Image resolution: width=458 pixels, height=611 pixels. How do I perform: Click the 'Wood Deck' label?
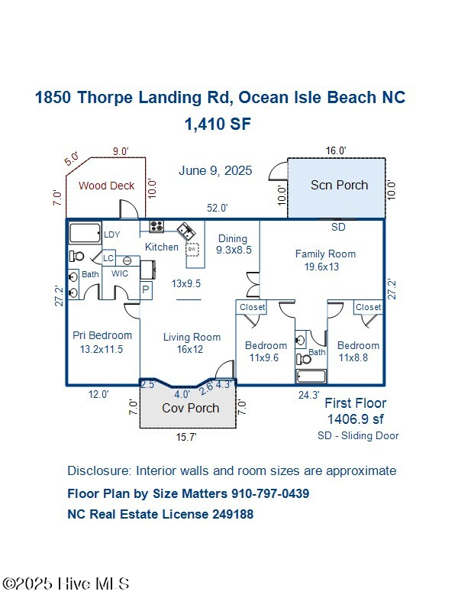pos(106,185)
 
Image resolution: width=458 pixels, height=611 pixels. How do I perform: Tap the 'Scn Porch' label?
pos(339,185)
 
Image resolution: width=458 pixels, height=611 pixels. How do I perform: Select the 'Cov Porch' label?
pos(190,408)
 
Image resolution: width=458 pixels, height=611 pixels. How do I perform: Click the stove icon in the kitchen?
pos(156,226)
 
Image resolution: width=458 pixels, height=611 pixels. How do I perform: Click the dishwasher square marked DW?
pos(193,249)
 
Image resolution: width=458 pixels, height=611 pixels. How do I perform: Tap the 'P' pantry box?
pos(146,289)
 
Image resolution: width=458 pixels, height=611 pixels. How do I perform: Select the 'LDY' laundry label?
pos(112,234)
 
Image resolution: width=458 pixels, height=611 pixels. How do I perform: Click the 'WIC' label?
pos(120,273)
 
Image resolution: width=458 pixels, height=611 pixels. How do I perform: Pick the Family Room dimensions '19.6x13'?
pos(322,267)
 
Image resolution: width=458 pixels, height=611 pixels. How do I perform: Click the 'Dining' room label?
pos(233,238)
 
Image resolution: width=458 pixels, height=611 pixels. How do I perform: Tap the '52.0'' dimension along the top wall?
pos(218,208)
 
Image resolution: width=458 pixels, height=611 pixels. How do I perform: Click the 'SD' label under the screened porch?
pos(338,227)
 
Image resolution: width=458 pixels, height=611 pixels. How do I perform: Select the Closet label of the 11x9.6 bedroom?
pos(253,307)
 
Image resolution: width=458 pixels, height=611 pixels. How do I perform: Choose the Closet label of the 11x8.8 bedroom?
pos(368,307)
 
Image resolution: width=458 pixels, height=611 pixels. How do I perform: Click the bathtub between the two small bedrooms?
pos(311,377)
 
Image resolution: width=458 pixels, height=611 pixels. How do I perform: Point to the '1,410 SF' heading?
pos(218,124)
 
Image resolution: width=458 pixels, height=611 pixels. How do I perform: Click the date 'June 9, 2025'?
pos(215,170)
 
